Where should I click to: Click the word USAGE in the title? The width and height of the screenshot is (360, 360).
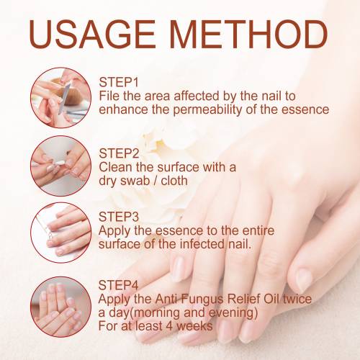(x=92, y=34)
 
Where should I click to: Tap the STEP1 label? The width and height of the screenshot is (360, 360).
(x=119, y=82)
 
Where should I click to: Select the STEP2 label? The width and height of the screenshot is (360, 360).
(x=119, y=153)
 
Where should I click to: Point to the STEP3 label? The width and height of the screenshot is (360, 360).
(x=119, y=217)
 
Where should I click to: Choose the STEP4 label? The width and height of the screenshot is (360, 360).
(x=119, y=285)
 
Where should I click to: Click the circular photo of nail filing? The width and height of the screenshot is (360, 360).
(x=61, y=98)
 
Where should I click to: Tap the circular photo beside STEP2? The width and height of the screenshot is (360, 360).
(x=61, y=166)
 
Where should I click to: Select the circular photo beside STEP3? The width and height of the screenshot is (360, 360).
(x=61, y=233)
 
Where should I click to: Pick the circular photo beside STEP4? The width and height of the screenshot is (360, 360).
(x=61, y=307)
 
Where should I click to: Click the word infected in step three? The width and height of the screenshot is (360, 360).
(x=202, y=244)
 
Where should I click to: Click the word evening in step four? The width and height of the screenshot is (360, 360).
(x=231, y=313)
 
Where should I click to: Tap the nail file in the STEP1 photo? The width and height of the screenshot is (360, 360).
(x=64, y=99)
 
